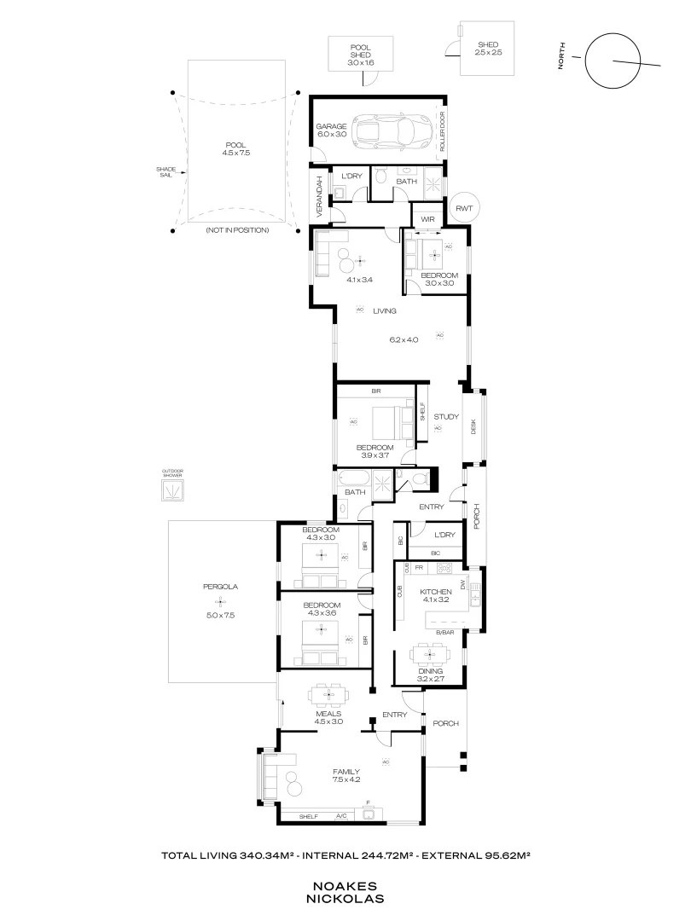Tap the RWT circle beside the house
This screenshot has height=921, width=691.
point(465,207)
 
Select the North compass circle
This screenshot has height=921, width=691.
point(612,61)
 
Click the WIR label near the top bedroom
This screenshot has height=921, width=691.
point(428,219)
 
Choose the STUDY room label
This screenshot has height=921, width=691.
point(445,417)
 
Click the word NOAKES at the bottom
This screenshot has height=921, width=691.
point(345,886)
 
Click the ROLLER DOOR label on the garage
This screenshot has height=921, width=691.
point(443,132)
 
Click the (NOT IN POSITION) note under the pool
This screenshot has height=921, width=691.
point(237,231)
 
